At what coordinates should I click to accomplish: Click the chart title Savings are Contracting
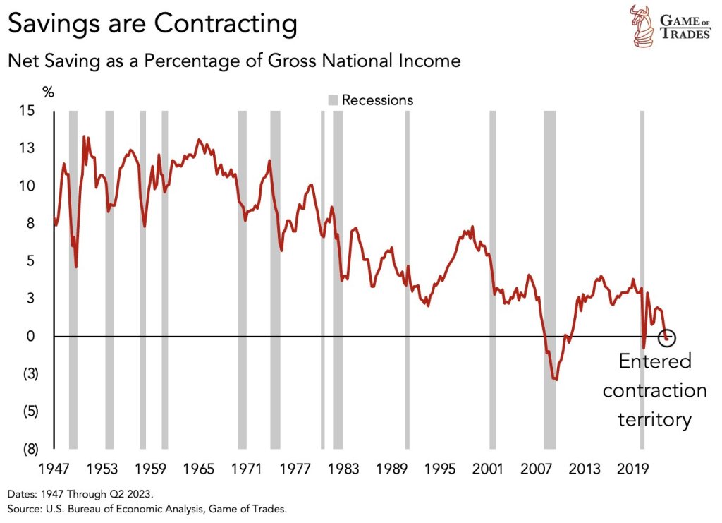(x=152, y=24)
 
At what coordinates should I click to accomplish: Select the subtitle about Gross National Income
(x=233, y=61)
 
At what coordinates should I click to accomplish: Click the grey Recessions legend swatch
(x=334, y=100)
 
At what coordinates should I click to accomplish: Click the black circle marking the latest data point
(x=667, y=338)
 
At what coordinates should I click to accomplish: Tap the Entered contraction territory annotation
(x=654, y=390)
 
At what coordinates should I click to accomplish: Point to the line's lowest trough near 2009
(x=556, y=380)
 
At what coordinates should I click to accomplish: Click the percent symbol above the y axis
(x=48, y=92)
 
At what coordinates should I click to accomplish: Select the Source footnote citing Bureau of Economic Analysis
(x=147, y=508)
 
